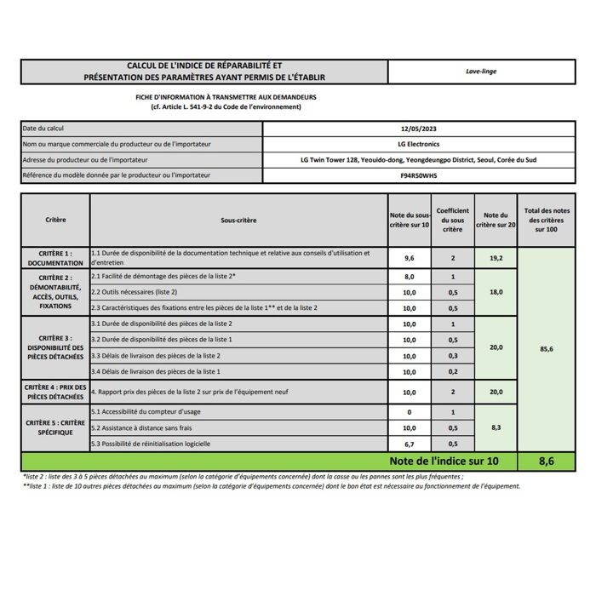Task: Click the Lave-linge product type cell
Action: point(481,72)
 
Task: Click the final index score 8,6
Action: point(546,461)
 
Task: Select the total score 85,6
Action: point(546,348)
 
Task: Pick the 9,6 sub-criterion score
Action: point(409,257)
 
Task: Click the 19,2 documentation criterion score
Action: point(496,257)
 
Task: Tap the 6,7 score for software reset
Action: point(409,444)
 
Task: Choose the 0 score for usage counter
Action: point(409,412)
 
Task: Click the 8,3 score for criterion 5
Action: point(496,428)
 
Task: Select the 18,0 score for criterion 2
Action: point(496,292)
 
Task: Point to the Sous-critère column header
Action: point(238,220)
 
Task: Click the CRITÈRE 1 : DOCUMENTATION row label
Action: point(55,258)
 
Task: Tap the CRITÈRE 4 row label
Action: point(55,393)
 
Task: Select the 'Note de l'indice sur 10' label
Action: point(443,461)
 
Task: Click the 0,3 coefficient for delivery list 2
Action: point(453,356)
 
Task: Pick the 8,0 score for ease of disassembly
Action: point(409,277)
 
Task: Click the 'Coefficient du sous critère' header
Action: point(453,220)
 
